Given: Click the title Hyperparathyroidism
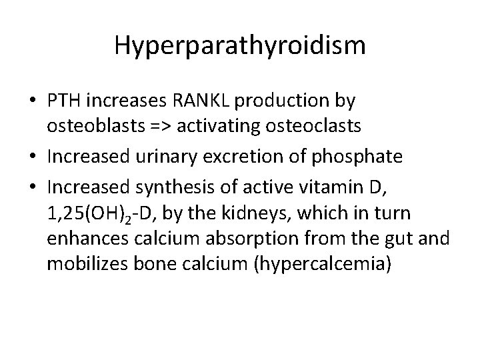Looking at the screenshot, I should tap(239, 45).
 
